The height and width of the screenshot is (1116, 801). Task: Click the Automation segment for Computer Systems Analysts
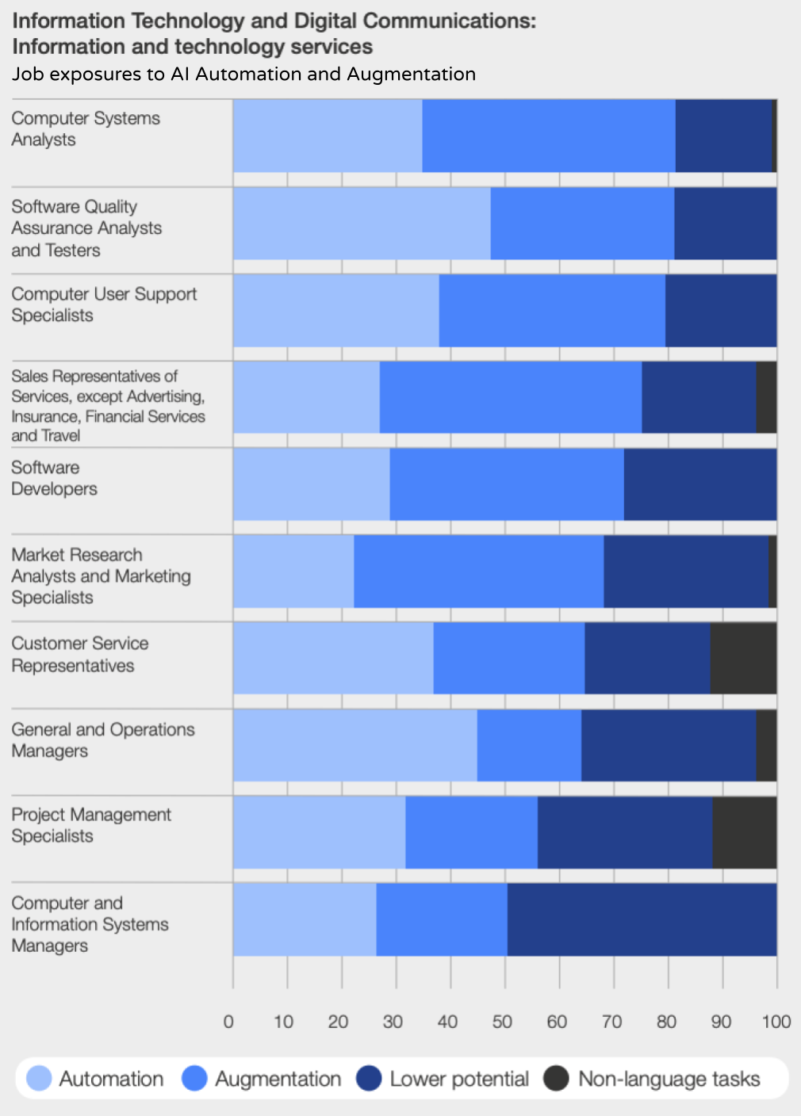[x=328, y=136]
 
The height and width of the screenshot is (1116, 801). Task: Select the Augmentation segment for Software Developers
[x=507, y=484]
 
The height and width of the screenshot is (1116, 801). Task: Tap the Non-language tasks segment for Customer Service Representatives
[x=743, y=659]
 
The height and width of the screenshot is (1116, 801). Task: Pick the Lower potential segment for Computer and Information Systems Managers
[x=642, y=919]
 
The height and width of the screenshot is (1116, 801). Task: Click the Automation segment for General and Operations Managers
[x=355, y=745]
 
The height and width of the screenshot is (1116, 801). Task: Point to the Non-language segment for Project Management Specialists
[x=744, y=832]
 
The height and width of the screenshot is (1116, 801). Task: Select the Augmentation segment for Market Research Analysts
[x=478, y=571]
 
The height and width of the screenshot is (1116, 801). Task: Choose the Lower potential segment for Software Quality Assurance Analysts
[x=725, y=224]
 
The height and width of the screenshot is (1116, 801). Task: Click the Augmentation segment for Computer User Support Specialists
[x=552, y=311]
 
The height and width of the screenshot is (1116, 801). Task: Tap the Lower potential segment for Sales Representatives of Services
[x=699, y=397]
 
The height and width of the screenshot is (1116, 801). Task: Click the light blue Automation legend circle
[x=39, y=1079]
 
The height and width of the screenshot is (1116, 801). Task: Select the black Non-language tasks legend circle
[x=557, y=1079]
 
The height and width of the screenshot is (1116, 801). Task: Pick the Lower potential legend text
[x=459, y=1079]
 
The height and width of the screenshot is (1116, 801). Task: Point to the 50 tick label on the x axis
[x=502, y=1022]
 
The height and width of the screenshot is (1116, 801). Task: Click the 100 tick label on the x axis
[x=776, y=1022]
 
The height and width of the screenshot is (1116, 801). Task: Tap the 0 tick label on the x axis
[x=228, y=1022]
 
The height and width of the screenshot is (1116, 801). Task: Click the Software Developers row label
[x=54, y=478]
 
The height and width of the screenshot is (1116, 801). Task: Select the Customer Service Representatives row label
[x=79, y=654]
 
